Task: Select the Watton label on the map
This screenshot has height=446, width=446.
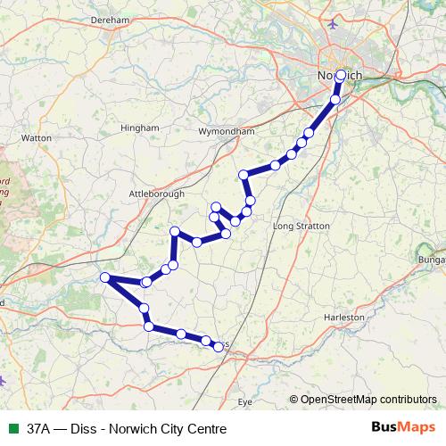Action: (37, 138)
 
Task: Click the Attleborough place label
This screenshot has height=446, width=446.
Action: (156, 193)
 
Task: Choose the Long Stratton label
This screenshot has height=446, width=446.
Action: (301, 227)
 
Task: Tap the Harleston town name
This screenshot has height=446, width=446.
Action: (345, 317)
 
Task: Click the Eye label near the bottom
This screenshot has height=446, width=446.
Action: (249, 402)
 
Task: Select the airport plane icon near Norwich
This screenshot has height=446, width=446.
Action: (334, 23)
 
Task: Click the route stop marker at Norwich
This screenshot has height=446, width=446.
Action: (340, 76)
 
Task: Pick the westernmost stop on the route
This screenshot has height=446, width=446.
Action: (105, 277)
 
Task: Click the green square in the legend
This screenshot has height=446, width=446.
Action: (11, 429)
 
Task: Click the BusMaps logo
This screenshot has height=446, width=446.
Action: (406, 428)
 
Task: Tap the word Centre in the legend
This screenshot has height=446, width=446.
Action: (206, 429)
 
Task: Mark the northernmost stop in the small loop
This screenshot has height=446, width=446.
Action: (216, 208)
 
